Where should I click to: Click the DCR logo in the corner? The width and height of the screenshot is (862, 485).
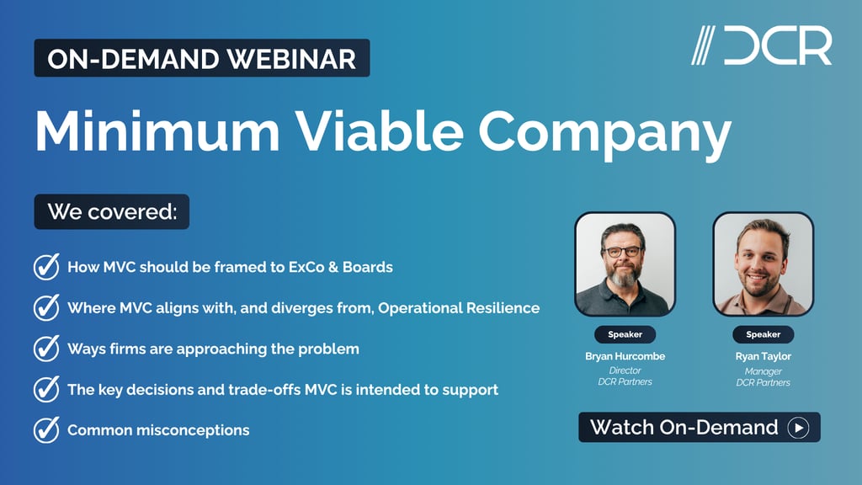pyautogui.click(x=761, y=45)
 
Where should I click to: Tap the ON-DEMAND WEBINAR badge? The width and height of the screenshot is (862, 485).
pyautogui.click(x=201, y=58)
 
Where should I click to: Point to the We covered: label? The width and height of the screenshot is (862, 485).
pyautogui.click(x=111, y=211)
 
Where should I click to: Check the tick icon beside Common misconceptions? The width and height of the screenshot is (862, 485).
pyautogui.click(x=45, y=429)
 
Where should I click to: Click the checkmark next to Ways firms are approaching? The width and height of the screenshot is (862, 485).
pyautogui.click(x=45, y=349)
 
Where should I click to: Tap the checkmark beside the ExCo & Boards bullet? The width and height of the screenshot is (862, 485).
pyautogui.click(x=45, y=268)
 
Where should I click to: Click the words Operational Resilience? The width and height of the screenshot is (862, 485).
pyautogui.click(x=459, y=307)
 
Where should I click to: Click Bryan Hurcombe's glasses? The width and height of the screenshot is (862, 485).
pyautogui.click(x=624, y=251)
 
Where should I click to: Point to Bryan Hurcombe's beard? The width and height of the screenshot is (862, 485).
pyautogui.click(x=624, y=274)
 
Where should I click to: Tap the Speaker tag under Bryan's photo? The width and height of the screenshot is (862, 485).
pyautogui.click(x=625, y=334)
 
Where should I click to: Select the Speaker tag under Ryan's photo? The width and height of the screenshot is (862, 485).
pyautogui.click(x=763, y=334)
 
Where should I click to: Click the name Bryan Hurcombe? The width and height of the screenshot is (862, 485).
pyautogui.click(x=625, y=356)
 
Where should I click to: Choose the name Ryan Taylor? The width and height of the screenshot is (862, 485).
pyautogui.click(x=763, y=356)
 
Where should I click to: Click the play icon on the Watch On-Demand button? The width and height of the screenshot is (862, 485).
pyautogui.click(x=797, y=428)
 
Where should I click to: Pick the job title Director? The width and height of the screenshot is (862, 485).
pyautogui.click(x=625, y=370)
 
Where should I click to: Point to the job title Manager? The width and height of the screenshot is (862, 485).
pyautogui.click(x=763, y=370)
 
